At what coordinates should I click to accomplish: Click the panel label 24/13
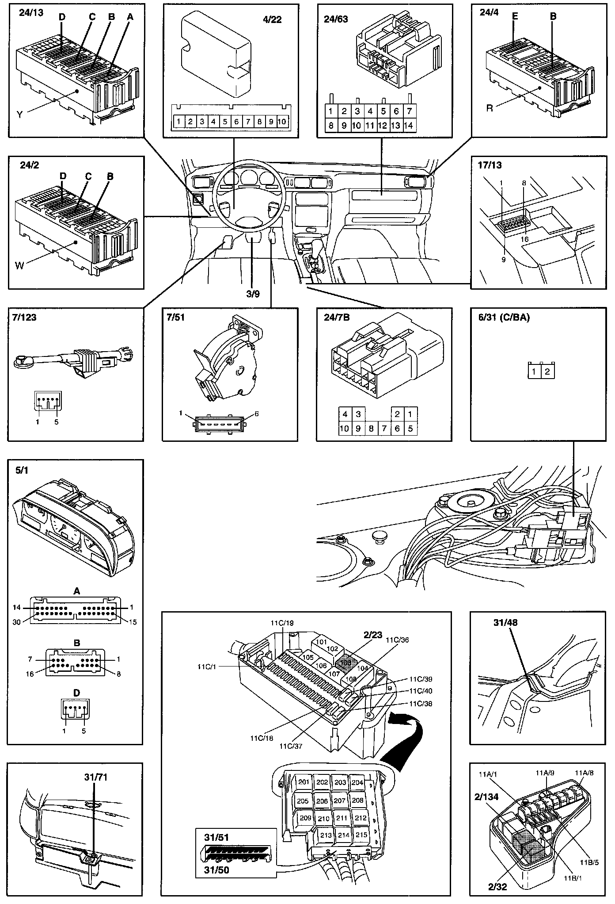tap(31, 12)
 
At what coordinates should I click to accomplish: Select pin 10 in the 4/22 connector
tap(282, 122)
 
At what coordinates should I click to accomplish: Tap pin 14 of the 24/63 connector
tap(409, 126)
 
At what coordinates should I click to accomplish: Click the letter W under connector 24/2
tap(19, 266)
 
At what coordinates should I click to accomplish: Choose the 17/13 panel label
tap(490, 165)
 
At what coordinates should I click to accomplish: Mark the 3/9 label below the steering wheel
tap(253, 294)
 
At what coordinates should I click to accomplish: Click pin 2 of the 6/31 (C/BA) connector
tap(547, 372)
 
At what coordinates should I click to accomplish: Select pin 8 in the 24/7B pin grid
tap(372, 428)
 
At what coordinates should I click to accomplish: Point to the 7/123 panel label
tap(25, 318)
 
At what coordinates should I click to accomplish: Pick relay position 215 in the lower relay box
tap(361, 835)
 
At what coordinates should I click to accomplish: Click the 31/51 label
tap(216, 837)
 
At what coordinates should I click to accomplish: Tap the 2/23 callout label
tap(373, 635)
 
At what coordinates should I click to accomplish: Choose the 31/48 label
tap(505, 623)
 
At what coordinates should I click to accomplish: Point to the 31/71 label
tap(96, 777)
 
